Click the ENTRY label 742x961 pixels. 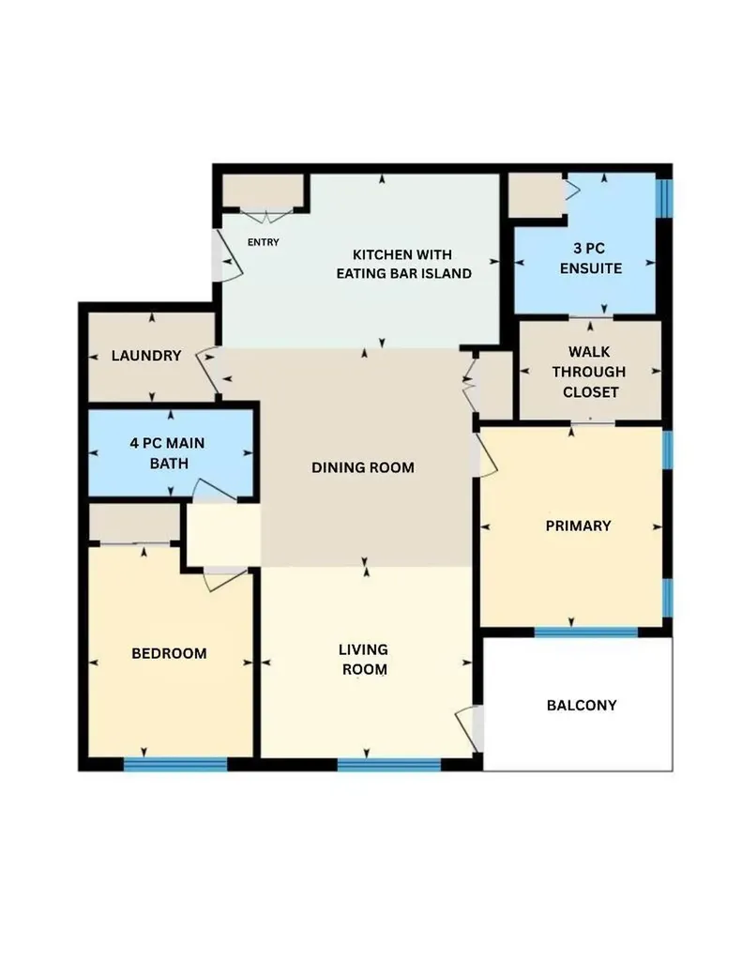point(263,242)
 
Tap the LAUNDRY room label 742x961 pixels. point(146,356)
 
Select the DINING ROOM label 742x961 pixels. point(363,467)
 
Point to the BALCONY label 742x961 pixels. point(582,706)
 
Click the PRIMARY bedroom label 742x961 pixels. point(579,526)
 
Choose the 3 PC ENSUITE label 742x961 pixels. point(591,258)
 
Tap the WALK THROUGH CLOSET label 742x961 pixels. point(589,372)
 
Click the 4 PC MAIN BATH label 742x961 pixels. point(168,453)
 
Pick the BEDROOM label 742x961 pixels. point(169,653)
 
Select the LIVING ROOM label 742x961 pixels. point(364,660)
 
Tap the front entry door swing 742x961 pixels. point(229,256)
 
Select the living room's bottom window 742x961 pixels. point(389,764)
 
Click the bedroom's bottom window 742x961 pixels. point(175,764)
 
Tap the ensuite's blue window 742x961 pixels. point(663,197)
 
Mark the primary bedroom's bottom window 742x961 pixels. point(585,632)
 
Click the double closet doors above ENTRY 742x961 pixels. point(266,217)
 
